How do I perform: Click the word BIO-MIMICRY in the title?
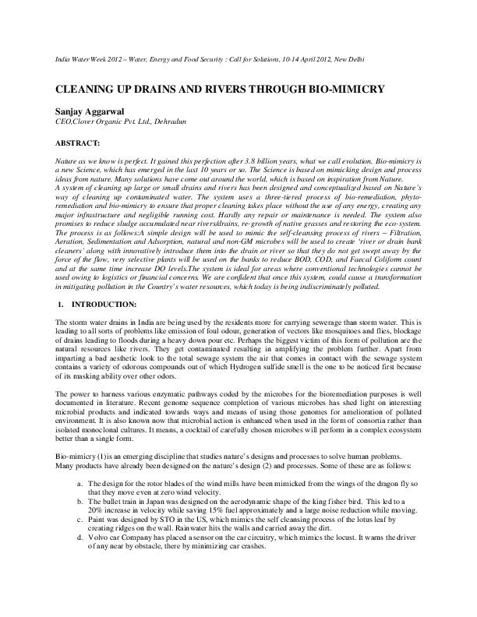coord(348,89)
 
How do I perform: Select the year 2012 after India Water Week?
coord(122,60)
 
